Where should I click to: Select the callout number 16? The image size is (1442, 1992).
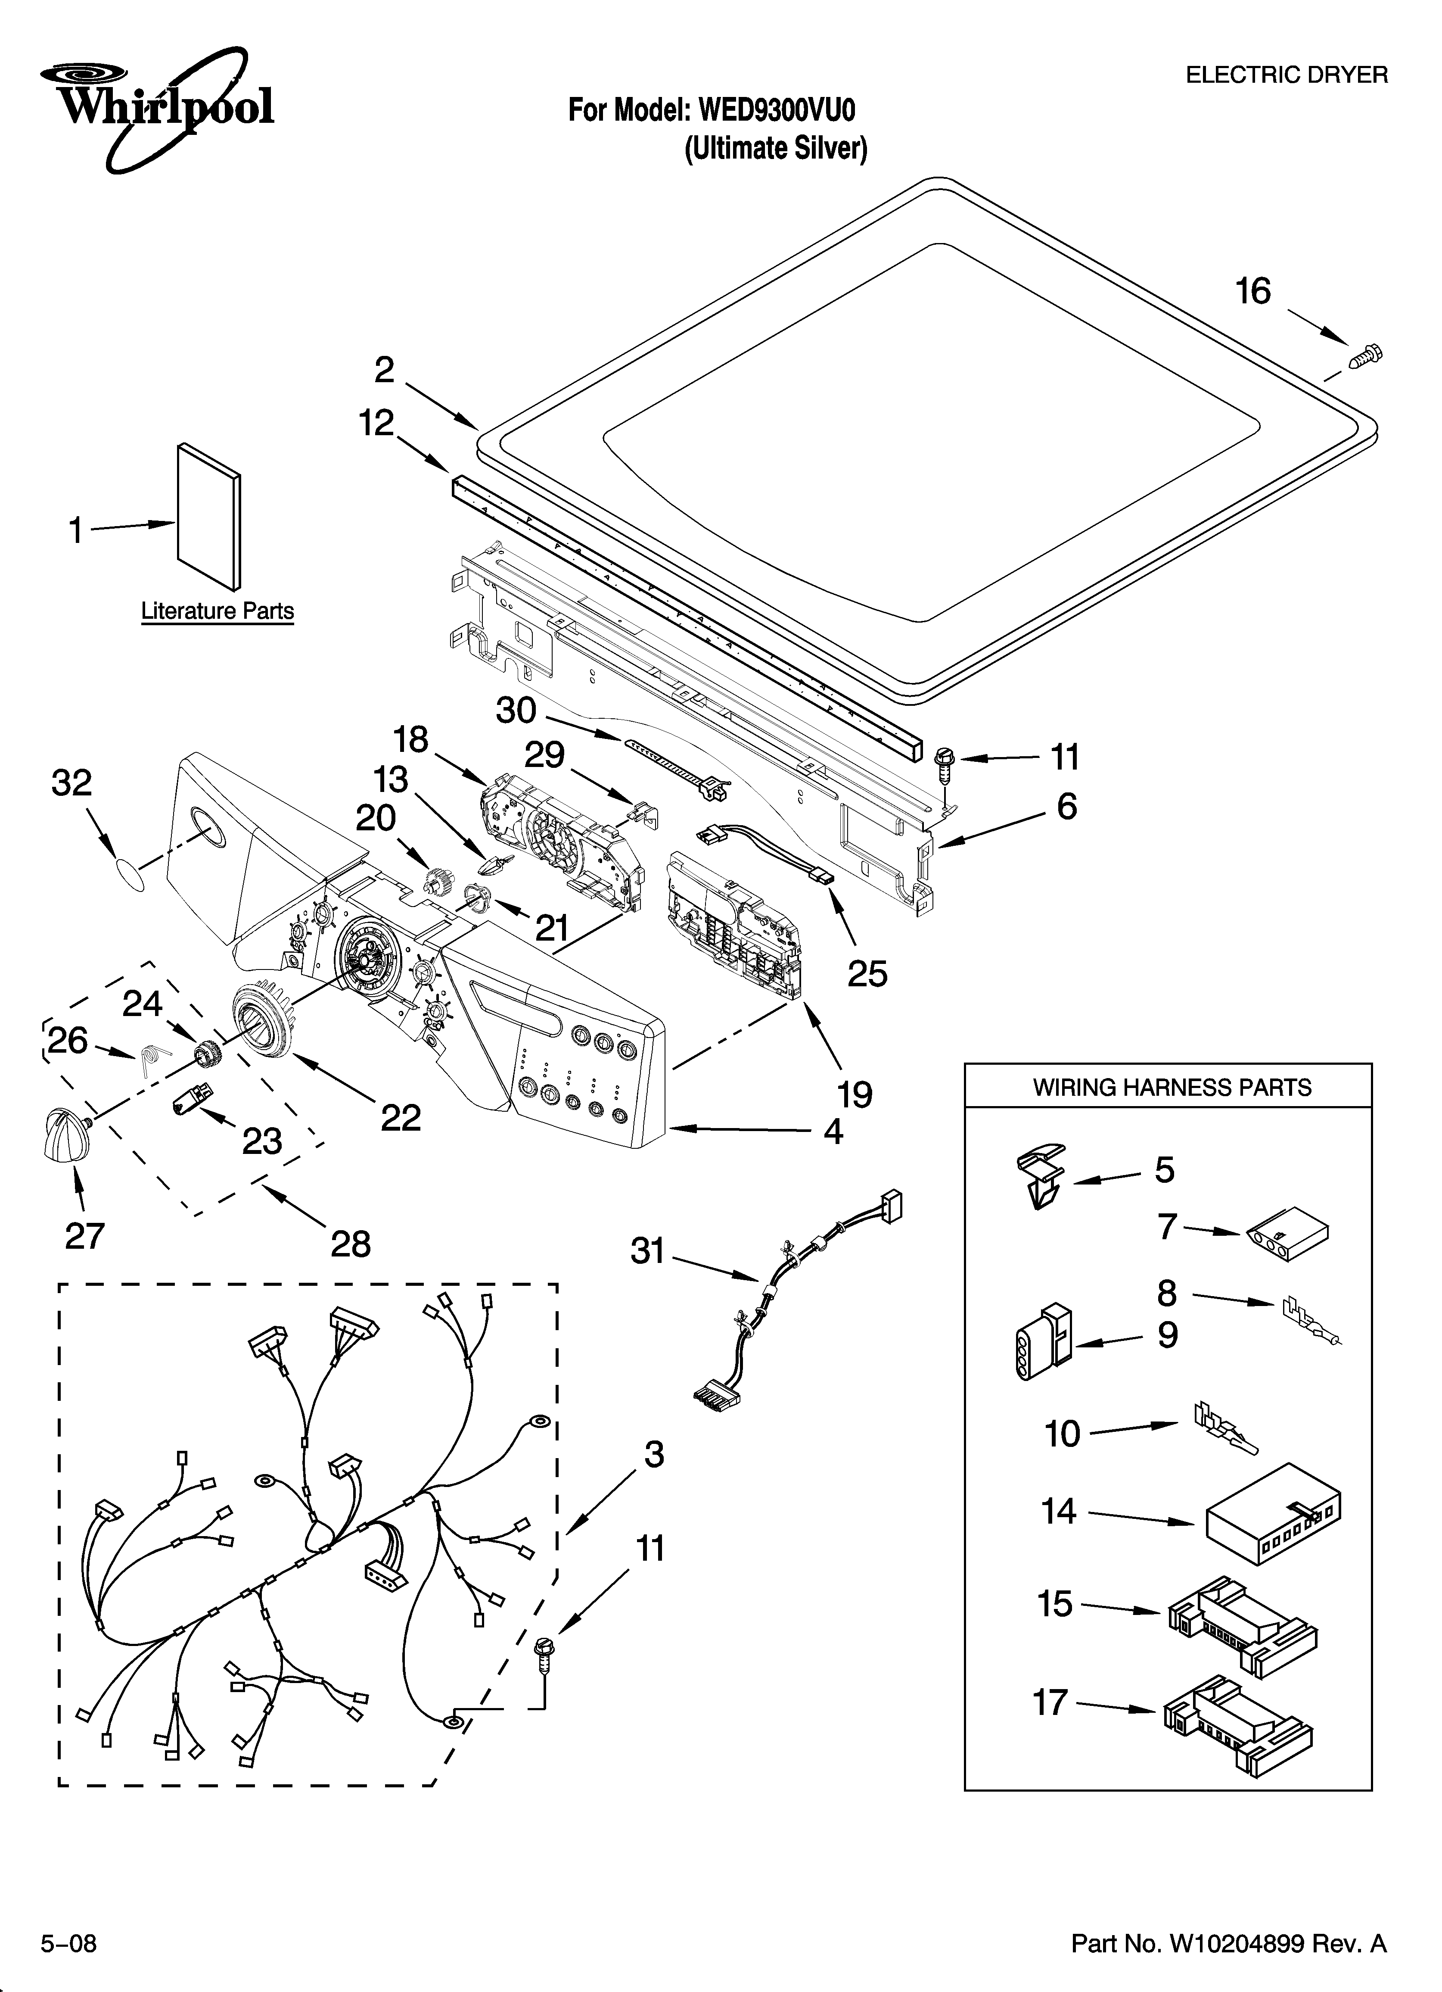click(x=1253, y=292)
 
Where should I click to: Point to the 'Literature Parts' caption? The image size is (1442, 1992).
click(x=217, y=611)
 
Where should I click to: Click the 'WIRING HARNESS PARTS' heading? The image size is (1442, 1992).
click(x=1172, y=1087)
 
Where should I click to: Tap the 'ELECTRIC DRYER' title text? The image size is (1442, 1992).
click(x=1287, y=75)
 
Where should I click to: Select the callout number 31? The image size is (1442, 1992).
click(x=648, y=1251)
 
